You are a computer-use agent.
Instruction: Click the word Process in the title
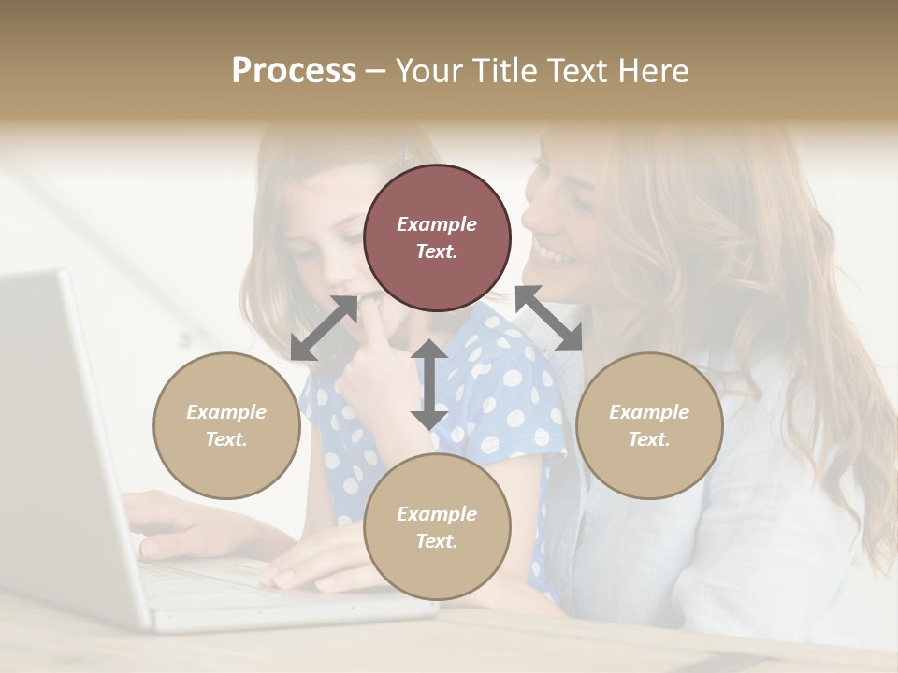pyautogui.click(x=294, y=71)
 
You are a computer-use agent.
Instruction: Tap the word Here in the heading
pyautogui.click(x=651, y=71)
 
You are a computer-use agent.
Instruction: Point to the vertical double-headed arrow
pyautogui.click(x=429, y=384)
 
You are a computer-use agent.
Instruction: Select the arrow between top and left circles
pyautogui.click(x=324, y=328)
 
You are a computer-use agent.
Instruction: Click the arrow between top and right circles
pyautogui.click(x=549, y=319)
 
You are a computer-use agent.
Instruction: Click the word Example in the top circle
pyautogui.click(x=437, y=224)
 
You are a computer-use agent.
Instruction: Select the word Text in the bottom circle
pyautogui.click(x=437, y=541)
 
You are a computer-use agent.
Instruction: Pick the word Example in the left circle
pyautogui.click(x=226, y=412)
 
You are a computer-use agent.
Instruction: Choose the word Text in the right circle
pyautogui.click(x=649, y=439)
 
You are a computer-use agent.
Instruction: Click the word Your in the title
pyautogui.click(x=428, y=71)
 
